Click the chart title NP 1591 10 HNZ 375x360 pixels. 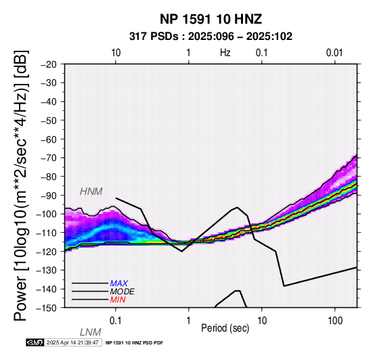click(x=211, y=19)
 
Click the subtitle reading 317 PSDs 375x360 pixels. click(x=154, y=37)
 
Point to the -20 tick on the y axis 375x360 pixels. click(x=49, y=64)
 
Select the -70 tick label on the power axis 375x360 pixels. click(x=49, y=158)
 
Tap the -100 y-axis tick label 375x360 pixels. click(x=47, y=215)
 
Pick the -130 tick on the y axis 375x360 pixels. click(x=47, y=271)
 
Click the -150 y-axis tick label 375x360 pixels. click(x=47, y=308)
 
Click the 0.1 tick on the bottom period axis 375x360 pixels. click(x=115, y=321)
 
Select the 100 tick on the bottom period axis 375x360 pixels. click(x=335, y=321)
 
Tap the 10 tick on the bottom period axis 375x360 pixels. click(x=262, y=321)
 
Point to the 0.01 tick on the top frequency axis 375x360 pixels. click(x=334, y=53)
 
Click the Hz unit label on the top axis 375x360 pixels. click(x=225, y=53)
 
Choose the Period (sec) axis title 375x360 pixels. click(x=225, y=328)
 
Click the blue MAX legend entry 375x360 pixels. click(x=118, y=284)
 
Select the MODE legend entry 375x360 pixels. click(x=122, y=292)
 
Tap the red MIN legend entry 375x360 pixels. click(x=118, y=300)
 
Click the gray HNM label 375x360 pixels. click(x=91, y=192)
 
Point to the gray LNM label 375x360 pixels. click(x=91, y=332)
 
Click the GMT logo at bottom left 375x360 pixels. click(x=35, y=342)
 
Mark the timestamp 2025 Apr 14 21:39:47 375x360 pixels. click(x=72, y=343)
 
